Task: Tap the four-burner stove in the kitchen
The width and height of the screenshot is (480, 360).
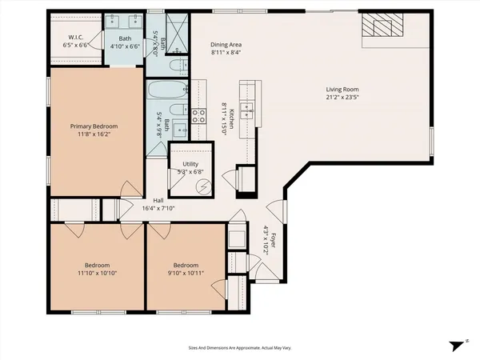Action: pos(198,118)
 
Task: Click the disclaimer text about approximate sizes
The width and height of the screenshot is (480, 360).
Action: pos(239,348)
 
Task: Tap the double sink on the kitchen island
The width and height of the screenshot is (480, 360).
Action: pos(248,110)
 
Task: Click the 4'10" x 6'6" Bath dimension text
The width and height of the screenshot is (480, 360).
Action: pos(125,46)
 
